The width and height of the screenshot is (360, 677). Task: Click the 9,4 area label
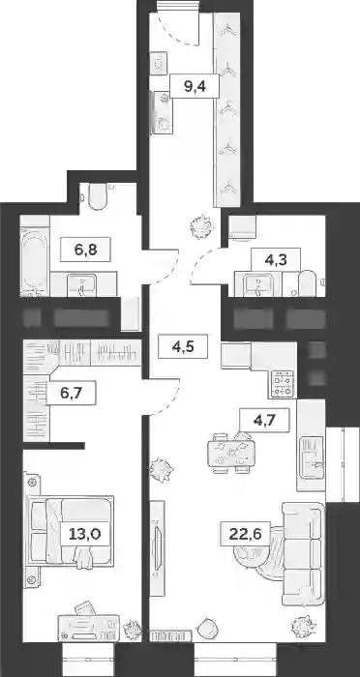click(x=195, y=86)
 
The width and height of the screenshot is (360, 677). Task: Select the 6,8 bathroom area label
click(x=85, y=250)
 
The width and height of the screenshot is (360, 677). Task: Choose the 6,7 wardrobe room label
click(x=72, y=393)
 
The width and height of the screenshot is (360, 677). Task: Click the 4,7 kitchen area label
click(x=264, y=419)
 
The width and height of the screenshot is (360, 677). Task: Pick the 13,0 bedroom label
click(x=85, y=534)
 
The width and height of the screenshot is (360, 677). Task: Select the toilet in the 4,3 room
click(x=308, y=283)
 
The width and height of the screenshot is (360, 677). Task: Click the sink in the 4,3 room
click(x=258, y=284)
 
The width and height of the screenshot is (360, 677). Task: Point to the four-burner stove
click(x=283, y=384)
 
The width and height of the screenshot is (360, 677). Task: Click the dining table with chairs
click(x=229, y=453)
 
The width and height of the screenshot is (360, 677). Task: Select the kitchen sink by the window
click(x=312, y=458)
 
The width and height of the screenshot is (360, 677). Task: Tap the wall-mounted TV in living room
click(x=158, y=543)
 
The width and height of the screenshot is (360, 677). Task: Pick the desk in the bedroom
click(x=89, y=627)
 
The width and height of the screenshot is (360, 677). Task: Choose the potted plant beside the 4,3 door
click(x=202, y=226)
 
